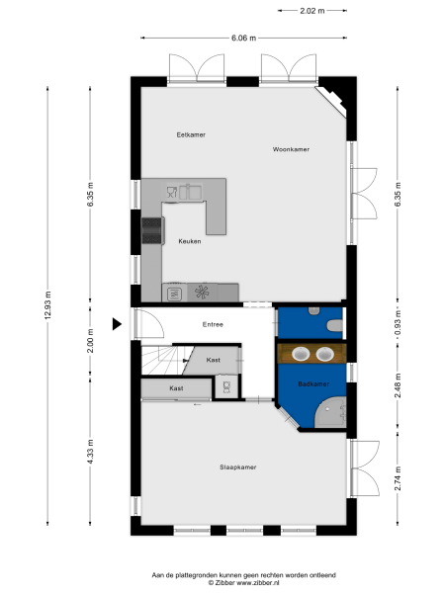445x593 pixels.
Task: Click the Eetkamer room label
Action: pos(191,134)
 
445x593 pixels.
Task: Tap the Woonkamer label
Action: pos(292,149)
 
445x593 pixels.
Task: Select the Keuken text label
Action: pos(190,241)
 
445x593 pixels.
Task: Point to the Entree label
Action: pos(213,324)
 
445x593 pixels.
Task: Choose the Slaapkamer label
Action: pos(238,466)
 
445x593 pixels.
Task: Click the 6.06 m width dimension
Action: pos(243,38)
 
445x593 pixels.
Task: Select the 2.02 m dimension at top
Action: pos(312,11)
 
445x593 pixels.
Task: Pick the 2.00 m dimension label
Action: pos(90,345)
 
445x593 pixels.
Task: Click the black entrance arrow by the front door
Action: pos(117,323)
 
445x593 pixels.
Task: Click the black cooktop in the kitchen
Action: pos(152,229)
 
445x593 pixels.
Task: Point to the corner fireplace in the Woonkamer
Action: pos(331,98)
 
